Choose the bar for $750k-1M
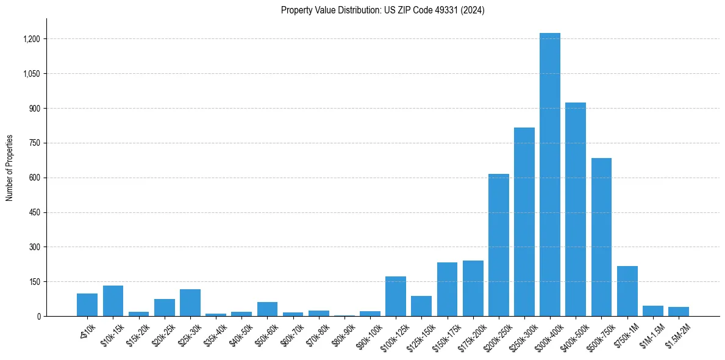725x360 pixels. click(x=627, y=291)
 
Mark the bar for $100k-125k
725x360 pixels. click(x=395, y=297)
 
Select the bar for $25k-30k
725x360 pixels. click(x=190, y=303)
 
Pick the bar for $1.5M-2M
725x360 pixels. click(x=678, y=311)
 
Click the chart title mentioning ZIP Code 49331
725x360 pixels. click(x=382, y=10)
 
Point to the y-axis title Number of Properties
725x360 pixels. click(x=10, y=168)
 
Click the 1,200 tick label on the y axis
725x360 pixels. click(x=31, y=39)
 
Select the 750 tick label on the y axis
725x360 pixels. click(x=35, y=143)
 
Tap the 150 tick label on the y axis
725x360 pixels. click(x=35, y=282)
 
